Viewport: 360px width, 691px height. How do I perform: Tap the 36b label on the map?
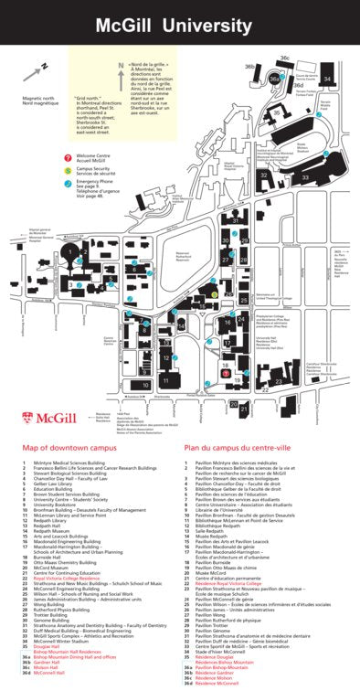point(249,67)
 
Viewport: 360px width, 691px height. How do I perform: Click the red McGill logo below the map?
point(43,418)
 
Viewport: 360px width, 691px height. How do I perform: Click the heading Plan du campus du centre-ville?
point(238,449)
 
